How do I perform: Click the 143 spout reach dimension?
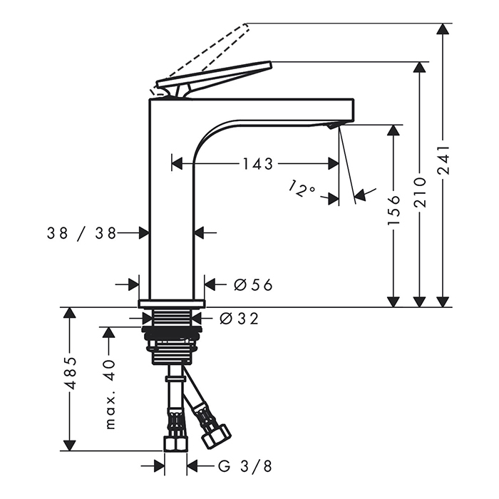point(258,164)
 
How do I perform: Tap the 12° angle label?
point(302,188)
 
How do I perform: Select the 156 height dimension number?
point(393,210)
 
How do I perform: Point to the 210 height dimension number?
point(420,193)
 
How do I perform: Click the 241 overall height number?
point(443,160)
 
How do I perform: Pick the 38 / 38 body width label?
point(81,234)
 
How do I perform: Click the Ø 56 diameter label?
point(253,284)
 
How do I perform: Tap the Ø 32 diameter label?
point(239,319)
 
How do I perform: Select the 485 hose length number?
point(71,373)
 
